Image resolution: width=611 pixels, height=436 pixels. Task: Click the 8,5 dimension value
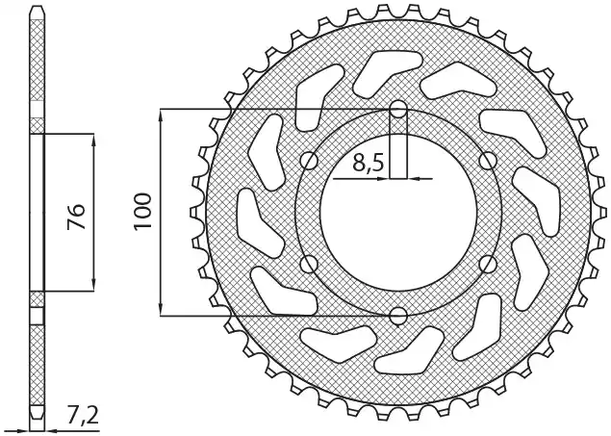[369, 163]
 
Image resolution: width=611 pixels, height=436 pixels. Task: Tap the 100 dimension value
[142, 212]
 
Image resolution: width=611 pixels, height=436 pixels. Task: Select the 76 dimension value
[76, 217]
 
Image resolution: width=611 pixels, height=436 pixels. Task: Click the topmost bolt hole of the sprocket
[398, 110]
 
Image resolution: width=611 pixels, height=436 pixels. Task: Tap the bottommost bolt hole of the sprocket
[398, 316]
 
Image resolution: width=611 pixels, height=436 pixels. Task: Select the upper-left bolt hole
[310, 161]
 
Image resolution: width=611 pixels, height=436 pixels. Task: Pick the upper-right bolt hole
[488, 161]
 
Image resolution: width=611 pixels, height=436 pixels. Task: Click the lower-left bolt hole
[310, 264]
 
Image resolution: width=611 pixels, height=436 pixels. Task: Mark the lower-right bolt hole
[488, 264]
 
